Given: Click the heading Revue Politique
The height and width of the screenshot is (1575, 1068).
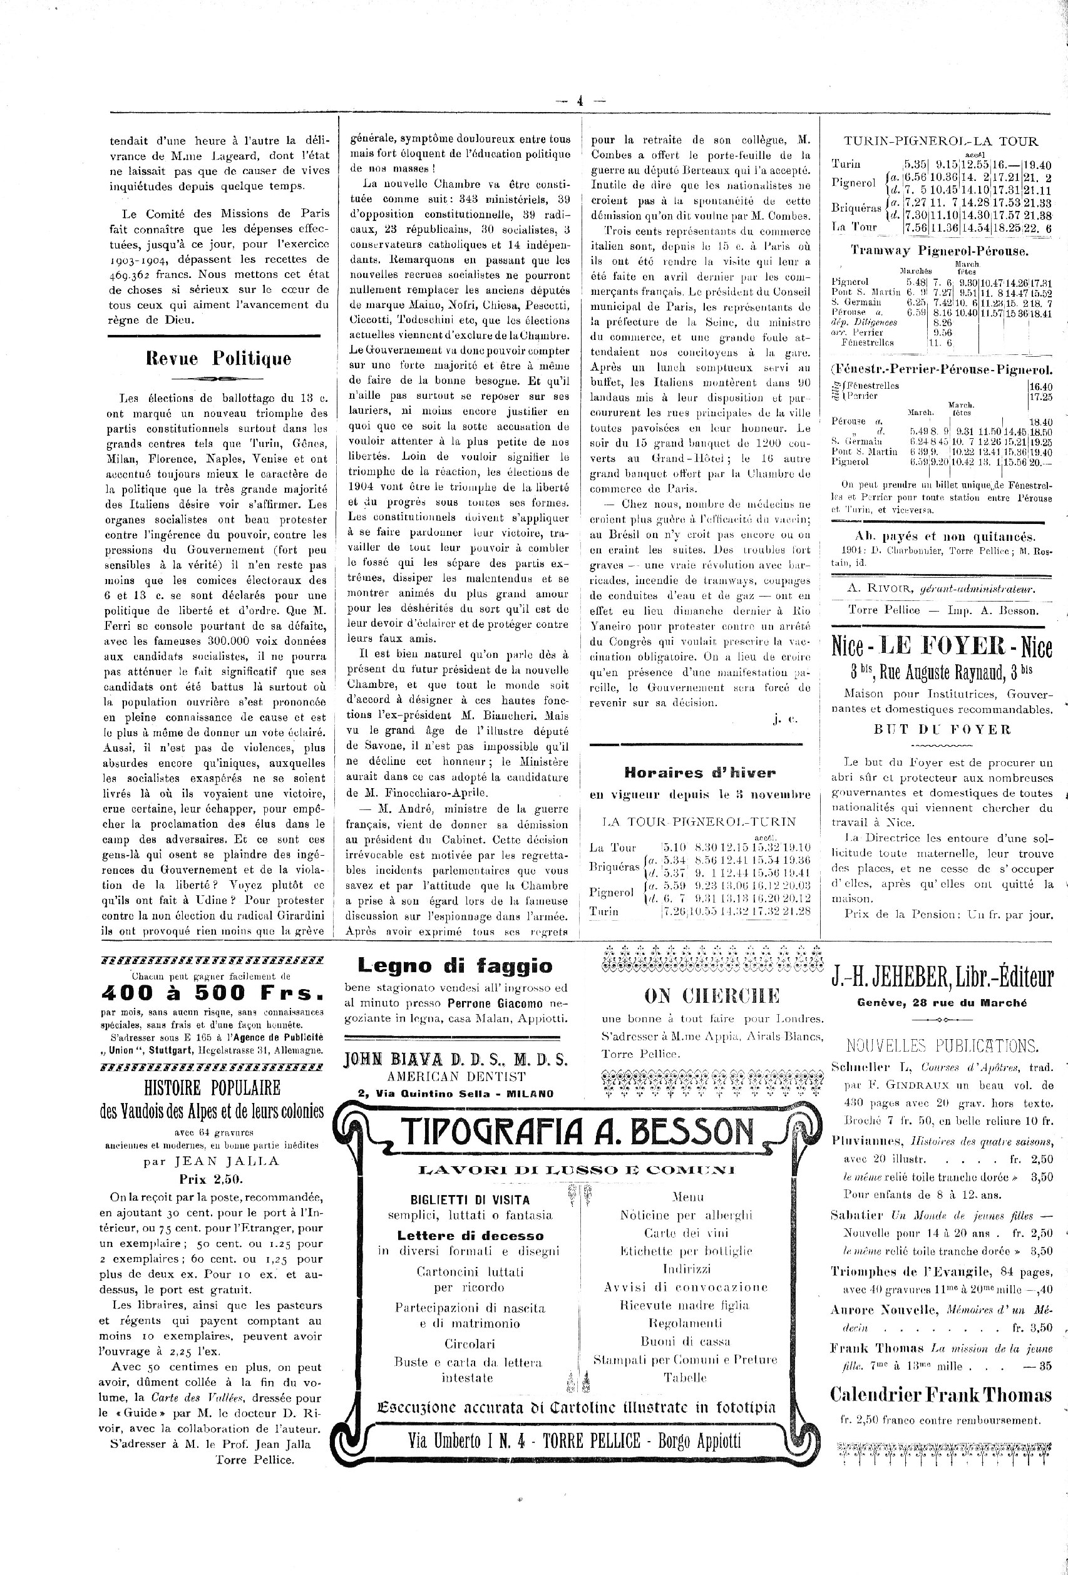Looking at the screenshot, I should point(218,359).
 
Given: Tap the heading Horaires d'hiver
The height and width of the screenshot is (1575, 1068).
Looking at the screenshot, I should point(699,772).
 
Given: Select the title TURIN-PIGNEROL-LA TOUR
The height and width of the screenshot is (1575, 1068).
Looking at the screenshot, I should point(940,141).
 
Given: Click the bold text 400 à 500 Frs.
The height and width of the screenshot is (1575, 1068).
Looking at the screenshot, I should point(212,993).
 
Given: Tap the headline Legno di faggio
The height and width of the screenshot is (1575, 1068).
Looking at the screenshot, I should point(454,965).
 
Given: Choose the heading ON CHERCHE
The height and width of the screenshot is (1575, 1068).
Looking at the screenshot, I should point(712,995).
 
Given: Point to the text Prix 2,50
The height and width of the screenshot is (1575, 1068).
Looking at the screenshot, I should point(212,1179).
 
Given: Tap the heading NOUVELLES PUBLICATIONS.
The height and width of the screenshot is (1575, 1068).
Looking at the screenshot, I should point(942,1045).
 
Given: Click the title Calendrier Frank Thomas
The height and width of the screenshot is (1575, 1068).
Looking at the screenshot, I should point(940,1395).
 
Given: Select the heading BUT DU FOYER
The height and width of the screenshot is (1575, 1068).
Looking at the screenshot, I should point(942,730).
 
